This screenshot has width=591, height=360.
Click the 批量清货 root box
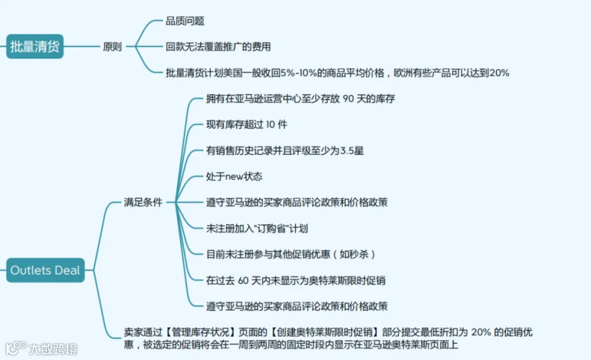[35, 47]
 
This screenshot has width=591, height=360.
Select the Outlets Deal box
[45, 270]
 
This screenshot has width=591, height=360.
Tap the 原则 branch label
[112, 47]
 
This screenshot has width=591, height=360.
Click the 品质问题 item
[185, 21]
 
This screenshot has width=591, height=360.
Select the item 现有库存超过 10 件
[246, 125]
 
